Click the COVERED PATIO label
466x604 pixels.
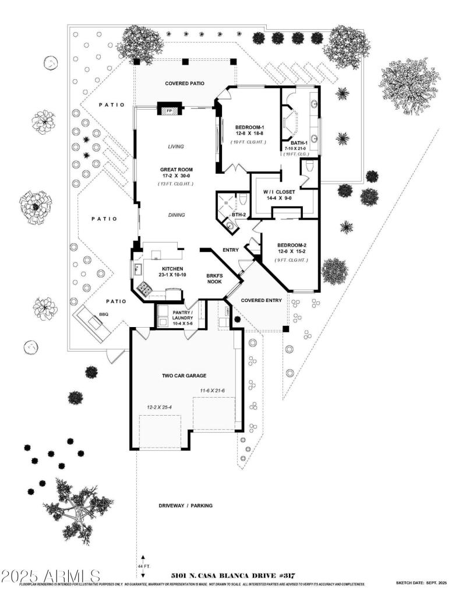click(184, 83)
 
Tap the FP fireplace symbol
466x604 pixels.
click(170, 110)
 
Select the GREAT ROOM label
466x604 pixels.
click(176, 170)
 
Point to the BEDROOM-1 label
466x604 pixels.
click(250, 128)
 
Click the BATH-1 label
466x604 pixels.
click(294, 142)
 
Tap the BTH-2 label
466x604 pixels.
click(238, 215)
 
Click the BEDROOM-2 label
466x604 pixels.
click(292, 245)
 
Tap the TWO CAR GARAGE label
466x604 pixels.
click(184, 376)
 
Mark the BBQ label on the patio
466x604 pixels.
click(104, 314)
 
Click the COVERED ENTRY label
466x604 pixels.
click(262, 300)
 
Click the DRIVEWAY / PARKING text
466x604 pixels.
click(185, 505)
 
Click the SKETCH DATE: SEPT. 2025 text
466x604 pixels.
click(421, 583)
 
